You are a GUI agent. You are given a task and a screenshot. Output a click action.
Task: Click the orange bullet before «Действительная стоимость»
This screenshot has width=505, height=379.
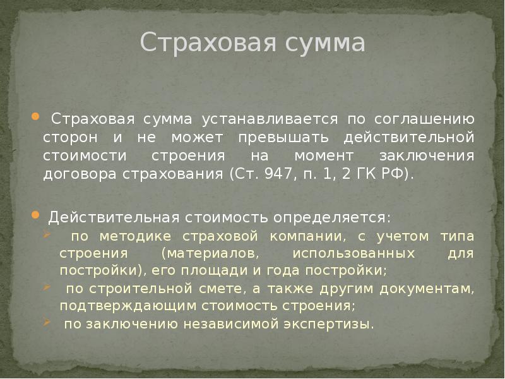35,215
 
